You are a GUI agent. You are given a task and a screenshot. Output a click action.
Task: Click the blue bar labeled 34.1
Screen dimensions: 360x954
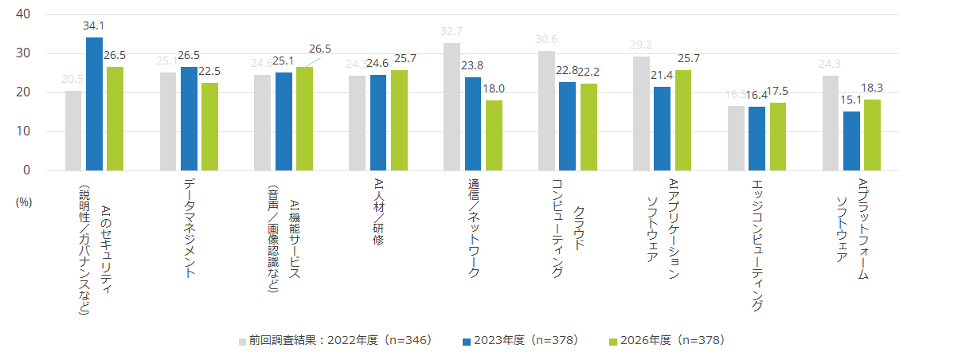point(94,104)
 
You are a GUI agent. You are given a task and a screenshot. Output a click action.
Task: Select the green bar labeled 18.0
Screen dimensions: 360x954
point(494,135)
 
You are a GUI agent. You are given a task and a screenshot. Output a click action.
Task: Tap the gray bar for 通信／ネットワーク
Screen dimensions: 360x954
point(452,107)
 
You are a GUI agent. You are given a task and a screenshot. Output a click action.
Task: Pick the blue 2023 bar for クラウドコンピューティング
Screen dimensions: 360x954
point(567,126)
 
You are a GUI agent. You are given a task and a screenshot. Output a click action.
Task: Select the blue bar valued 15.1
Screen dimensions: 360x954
point(850,141)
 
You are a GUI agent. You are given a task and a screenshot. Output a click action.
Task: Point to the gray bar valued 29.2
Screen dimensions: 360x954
point(641,113)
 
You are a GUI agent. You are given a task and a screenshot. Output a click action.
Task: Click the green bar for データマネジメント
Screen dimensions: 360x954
point(209,127)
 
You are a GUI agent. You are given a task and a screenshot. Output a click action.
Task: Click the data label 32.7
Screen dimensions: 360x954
point(452,33)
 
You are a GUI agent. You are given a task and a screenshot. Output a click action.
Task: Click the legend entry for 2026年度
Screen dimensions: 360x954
point(666,340)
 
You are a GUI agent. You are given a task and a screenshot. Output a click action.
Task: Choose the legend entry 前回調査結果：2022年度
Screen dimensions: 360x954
point(334,340)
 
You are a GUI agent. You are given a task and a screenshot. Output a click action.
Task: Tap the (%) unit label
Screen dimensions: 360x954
point(23,202)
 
